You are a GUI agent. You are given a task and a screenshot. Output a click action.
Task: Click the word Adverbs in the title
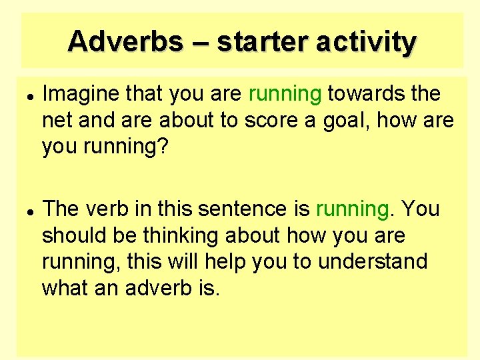tap(125, 41)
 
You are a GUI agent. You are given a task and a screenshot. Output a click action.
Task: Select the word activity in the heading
tap(366, 41)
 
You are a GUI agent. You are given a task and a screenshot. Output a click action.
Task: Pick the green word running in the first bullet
tap(285, 95)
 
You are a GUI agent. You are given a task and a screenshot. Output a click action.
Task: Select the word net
tap(55, 121)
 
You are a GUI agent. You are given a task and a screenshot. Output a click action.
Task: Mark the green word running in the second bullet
tap(351, 209)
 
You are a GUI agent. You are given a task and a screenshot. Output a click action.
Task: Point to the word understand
tap(373, 261)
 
